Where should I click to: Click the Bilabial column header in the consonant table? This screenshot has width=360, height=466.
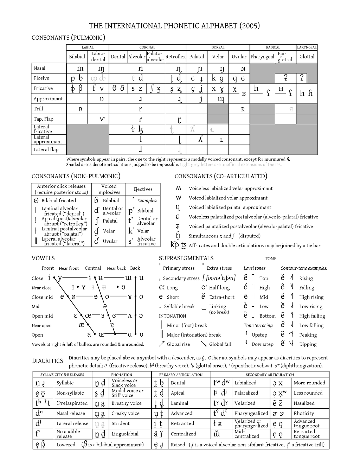pyautogui.click(x=77, y=57)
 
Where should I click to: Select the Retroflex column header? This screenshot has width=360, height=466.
pyautogui.click(x=175, y=57)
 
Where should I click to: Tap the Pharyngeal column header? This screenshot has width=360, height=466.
pyautogui.click(x=262, y=57)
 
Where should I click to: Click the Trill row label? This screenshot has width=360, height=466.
pyautogui.click(x=38, y=109)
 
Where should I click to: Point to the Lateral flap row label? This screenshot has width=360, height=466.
pyautogui.click(x=46, y=149)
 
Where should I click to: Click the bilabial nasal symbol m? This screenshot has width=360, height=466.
pyautogui.click(x=80, y=69)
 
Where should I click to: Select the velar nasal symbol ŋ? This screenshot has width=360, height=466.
pyautogui.click(x=222, y=69)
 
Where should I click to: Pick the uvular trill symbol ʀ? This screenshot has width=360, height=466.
pyautogui.click(x=243, y=109)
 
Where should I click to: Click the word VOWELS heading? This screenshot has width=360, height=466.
pyautogui.click(x=43, y=258)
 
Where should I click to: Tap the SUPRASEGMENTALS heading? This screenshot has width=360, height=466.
pyautogui.click(x=186, y=258)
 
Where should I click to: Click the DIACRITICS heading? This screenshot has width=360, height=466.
pyautogui.click(x=47, y=361)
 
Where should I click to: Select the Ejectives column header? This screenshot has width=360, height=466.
pyautogui.click(x=143, y=189)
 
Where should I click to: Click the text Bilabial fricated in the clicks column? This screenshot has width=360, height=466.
pyautogui.click(x=59, y=200)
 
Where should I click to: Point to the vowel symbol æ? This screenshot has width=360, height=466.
pyautogui.click(x=82, y=325)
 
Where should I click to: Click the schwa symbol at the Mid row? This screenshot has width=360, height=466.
pyautogui.click(x=105, y=307)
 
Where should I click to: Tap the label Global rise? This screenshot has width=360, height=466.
pyautogui.click(x=178, y=344)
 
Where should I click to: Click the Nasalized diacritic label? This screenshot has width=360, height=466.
pyautogui.click(x=304, y=403)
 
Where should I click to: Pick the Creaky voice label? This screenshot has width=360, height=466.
pyautogui.click(x=126, y=413)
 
